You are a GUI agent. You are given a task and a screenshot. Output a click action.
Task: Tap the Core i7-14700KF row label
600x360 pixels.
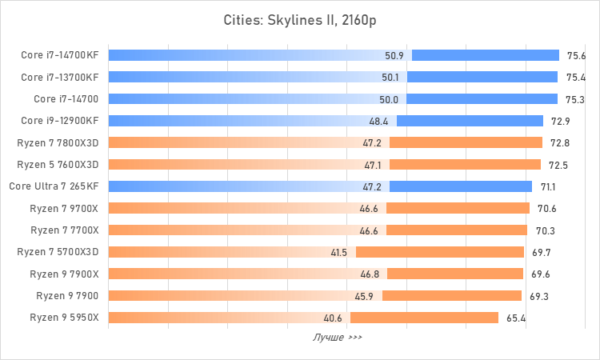[60, 56]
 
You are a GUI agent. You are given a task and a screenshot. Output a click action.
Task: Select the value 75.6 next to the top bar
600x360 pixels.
[576, 56]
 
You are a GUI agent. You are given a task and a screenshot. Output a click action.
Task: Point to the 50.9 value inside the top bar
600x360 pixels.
[394, 56]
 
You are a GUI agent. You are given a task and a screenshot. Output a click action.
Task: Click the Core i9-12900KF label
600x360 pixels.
[60, 121]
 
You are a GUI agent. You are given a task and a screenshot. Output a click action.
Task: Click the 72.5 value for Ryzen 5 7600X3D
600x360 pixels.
[558, 165]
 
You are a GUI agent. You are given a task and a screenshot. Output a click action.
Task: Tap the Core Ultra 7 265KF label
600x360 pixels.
[54, 186]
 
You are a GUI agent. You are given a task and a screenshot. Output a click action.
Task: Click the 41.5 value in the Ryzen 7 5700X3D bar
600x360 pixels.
[338, 252]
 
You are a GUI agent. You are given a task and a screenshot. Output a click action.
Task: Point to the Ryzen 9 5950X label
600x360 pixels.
[64, 318]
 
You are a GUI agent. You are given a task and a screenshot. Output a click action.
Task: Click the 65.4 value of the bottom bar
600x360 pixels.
[516, 318]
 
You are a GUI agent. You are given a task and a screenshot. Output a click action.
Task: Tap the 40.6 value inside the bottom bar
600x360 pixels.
[333, 318]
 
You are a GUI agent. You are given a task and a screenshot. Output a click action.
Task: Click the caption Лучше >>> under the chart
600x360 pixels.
[337, 338]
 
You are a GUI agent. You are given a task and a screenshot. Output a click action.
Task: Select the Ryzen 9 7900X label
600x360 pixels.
[64, 274]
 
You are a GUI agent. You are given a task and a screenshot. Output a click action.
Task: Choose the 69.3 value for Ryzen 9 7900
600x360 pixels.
[539, 296]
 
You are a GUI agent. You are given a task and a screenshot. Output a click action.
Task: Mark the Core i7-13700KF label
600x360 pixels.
[60, 78]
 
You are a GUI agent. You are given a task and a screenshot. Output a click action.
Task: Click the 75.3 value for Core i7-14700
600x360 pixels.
[575, 99]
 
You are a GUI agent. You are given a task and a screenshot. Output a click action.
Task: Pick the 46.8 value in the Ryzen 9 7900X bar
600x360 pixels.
[370, 274]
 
